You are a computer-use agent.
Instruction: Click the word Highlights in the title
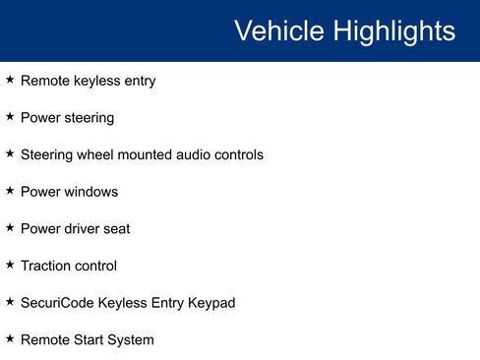tap(393, 31)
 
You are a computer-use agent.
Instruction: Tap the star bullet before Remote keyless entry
tap(10, 80)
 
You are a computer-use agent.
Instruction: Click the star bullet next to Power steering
tap(10, 116)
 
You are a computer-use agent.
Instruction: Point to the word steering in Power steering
tap(88, 118)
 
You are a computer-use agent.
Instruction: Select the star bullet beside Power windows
tap(10, 190)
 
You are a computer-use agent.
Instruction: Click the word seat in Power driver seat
tap(114, 228)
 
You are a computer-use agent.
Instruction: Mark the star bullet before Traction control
tap(10, 264)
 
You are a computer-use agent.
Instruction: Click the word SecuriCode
tap(56, 303)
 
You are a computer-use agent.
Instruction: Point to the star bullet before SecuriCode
tap(10, 301)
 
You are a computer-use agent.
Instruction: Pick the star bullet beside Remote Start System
tap(10, 338)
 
